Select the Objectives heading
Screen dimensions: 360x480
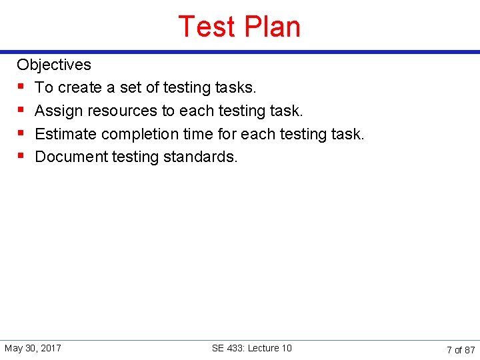[x=54, y=65]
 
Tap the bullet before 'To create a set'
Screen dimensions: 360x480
[x=21, y=87]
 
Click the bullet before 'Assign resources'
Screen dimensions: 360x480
[x=21, y=111]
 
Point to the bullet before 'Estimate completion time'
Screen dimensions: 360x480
[x=21, y=134]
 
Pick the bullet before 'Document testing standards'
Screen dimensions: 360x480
[x=21, y=157]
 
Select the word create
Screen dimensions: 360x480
[x=80, y=87]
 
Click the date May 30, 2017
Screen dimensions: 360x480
[x=33, y=348]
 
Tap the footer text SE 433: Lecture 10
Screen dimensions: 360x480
[x=251, y=348]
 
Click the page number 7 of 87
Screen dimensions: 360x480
[x=461, y=349]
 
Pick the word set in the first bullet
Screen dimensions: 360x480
[x=131, y=87]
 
